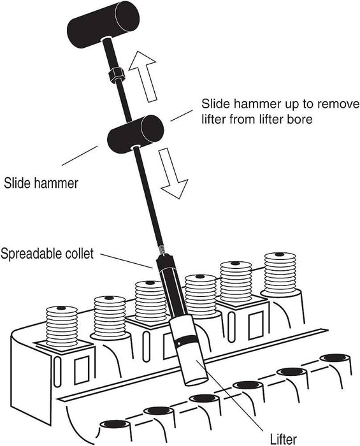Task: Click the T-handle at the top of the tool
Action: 103,24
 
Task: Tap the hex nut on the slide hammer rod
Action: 116,75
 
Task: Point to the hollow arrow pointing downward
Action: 172,173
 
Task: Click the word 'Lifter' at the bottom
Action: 283,439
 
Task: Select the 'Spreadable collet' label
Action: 47,253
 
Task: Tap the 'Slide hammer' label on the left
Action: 41,183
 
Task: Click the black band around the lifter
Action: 185,340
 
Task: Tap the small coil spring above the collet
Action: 161,250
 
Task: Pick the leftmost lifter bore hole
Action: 114,424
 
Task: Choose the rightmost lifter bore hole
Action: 335,357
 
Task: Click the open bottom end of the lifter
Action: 196,381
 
